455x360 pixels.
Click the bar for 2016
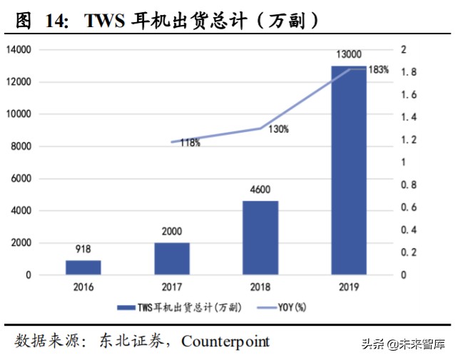(x=83, y=267)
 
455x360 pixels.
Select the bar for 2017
(x=172, y=258)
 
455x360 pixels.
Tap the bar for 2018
(x=260, y=237)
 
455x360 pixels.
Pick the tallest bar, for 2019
(x=349, y=171)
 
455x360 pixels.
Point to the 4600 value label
(x=260, y=191)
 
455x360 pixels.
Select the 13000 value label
(x=349, y=56)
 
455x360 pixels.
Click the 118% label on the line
(x=190, y=143)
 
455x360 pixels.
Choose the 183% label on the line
(x=379, y=70)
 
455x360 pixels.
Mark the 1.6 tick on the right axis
(x=408, y=95)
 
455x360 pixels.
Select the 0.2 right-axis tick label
(x=408, y=253)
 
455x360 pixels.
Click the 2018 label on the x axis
(x=260, y=287)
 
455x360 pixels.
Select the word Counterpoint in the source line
(x=225, y=341)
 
